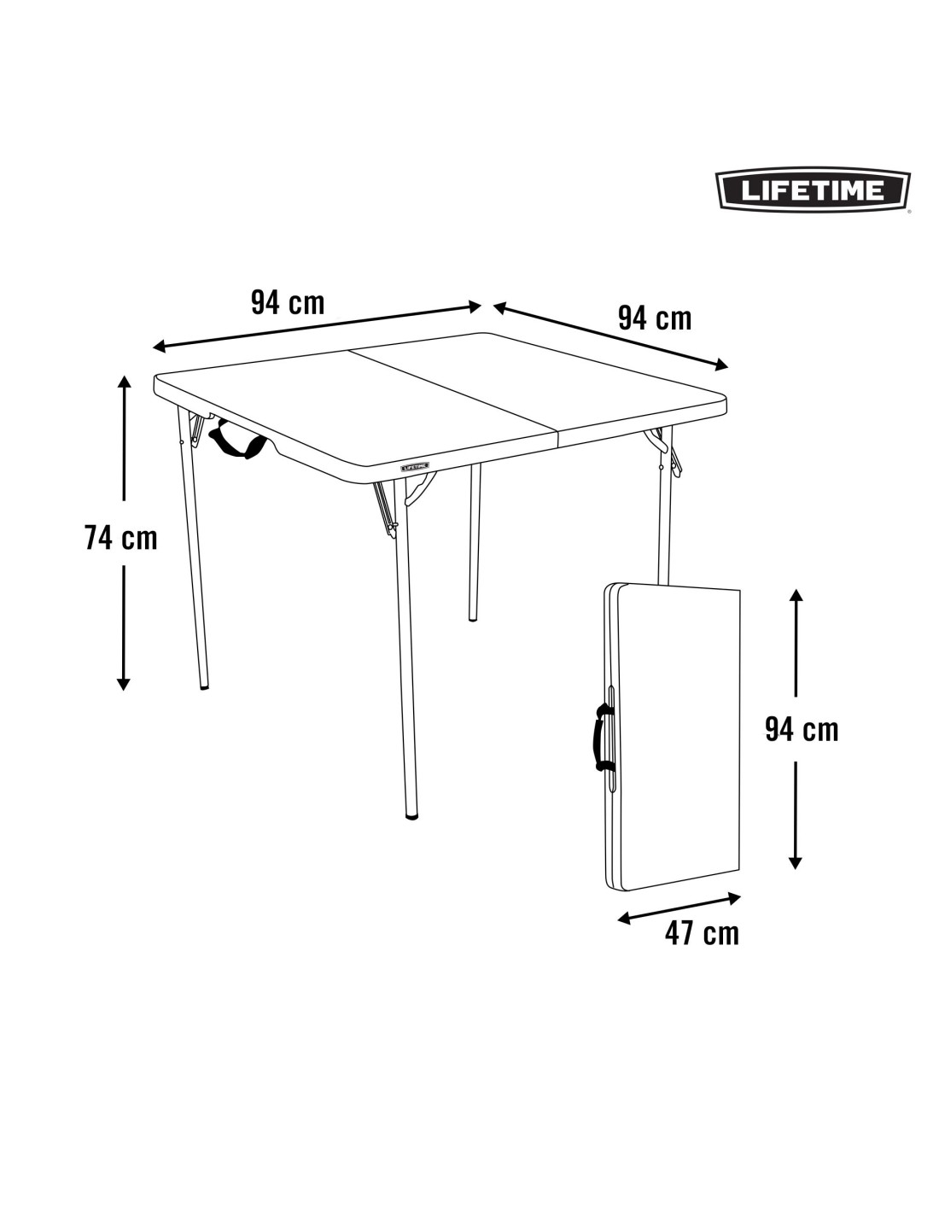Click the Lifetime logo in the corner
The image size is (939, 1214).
813,190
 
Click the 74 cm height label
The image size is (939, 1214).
121,538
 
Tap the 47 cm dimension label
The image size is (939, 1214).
702,933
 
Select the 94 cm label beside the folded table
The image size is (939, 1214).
802,730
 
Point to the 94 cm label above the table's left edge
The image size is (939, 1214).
288,303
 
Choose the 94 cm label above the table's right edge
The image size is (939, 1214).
655,318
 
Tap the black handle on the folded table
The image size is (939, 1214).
601,738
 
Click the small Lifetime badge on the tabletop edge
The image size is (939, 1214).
415,465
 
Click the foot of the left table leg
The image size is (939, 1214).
205,685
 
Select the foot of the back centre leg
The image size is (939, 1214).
473,618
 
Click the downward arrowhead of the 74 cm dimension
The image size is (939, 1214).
124,685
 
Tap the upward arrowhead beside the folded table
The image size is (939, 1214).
796,596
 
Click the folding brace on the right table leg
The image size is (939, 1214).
667,452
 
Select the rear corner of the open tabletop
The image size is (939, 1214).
481,334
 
